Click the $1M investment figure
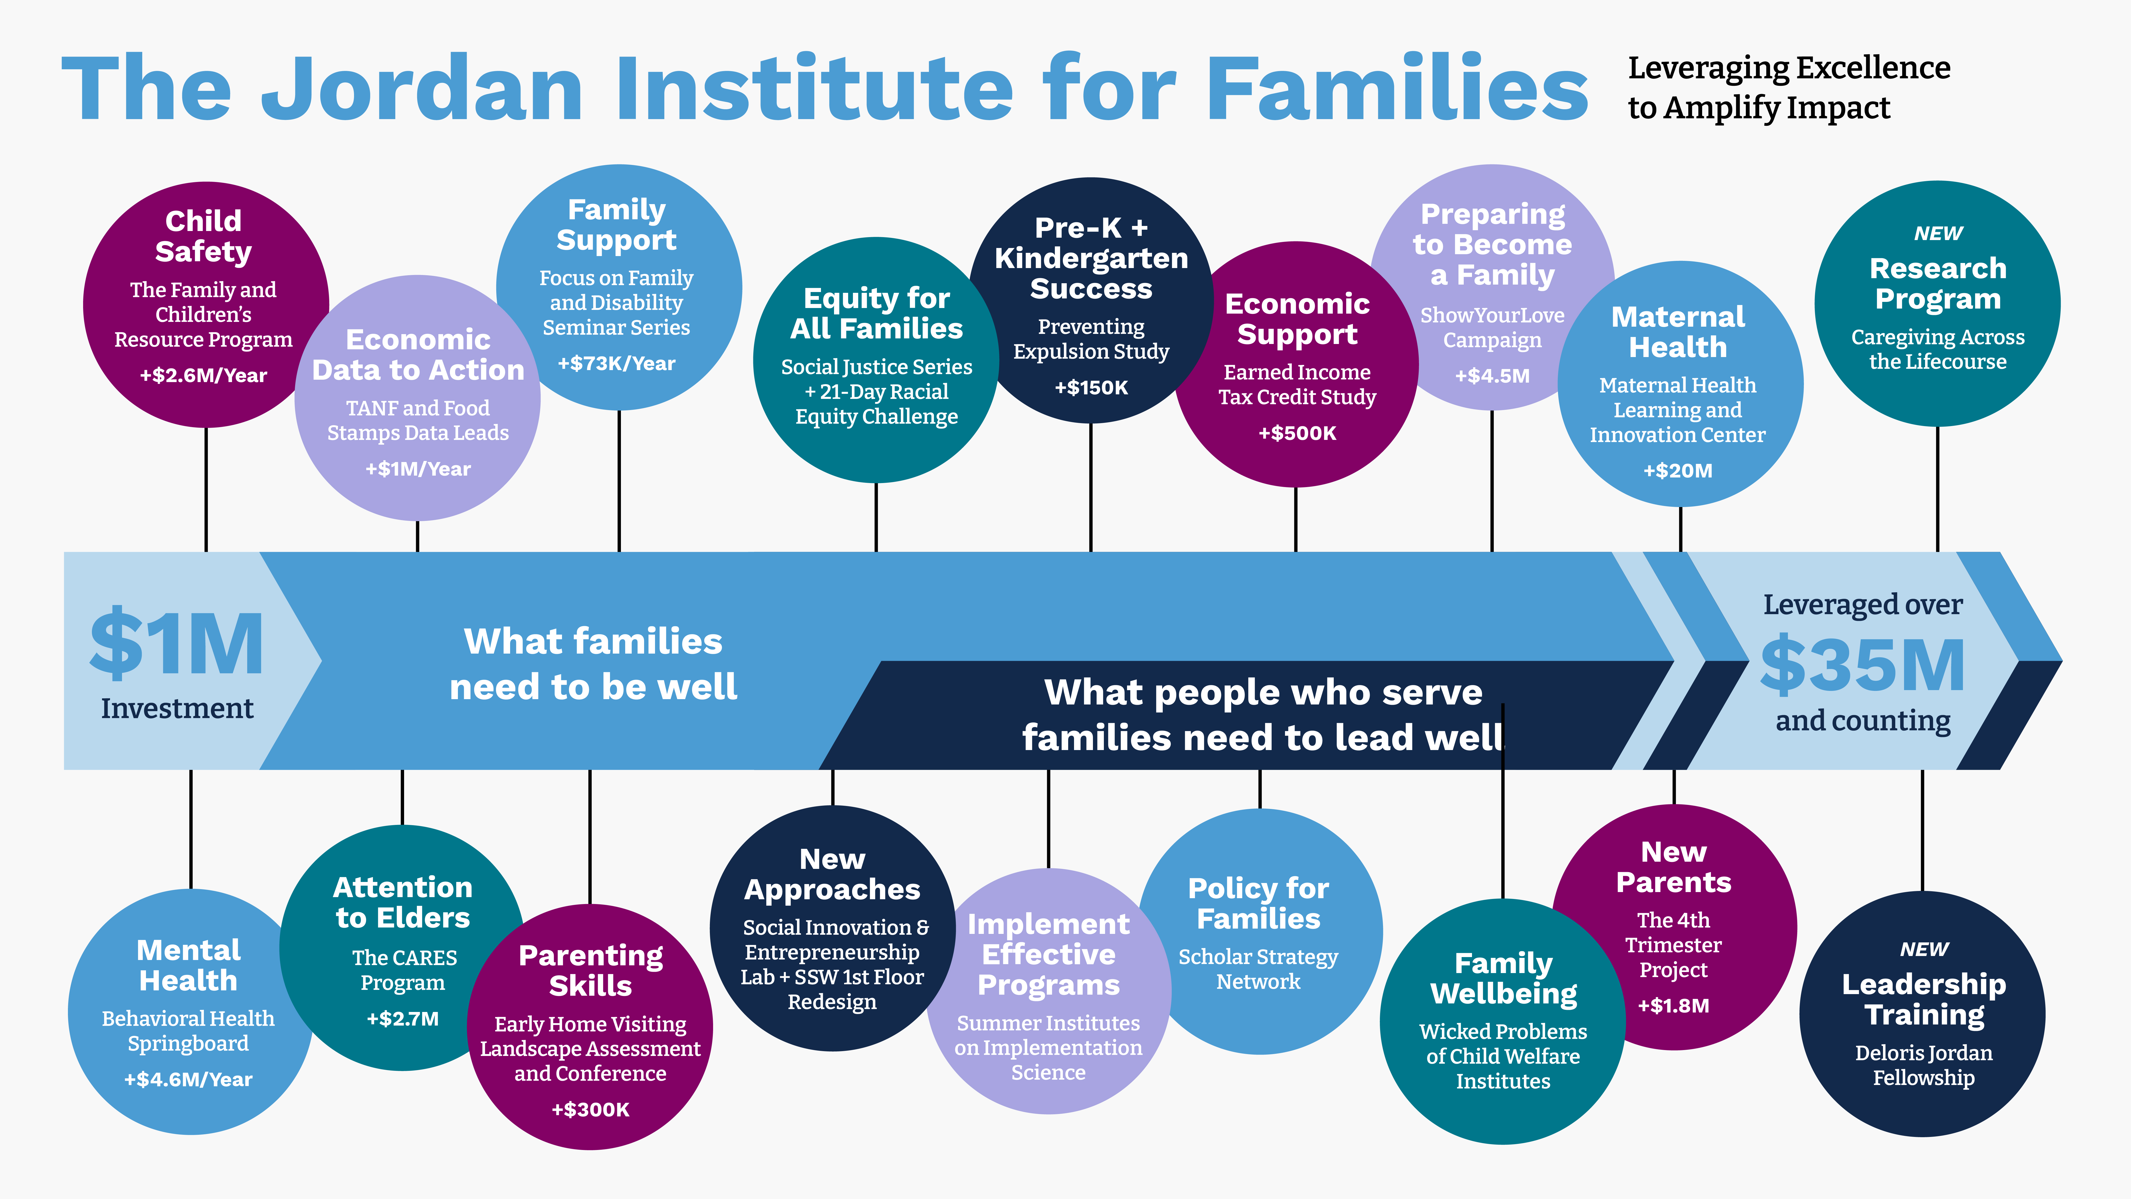pyautogui.click(x=177, y=644)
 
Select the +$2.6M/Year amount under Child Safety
pyautogui.click(x=204, y=376)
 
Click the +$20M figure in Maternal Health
pyautogui.click(x=1678, y=471)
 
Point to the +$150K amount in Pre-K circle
pyautogui.click(x=1091, y=387)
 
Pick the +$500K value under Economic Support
pyautogui.click(x=1297, y=433)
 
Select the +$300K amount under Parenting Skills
pyautogui.click(x=591, y=1110)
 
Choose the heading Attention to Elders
pyautogui.click(x=403, y=902)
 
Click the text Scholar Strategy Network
pyautogui.click(x=1258, y=969)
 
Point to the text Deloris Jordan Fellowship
pyautogui.click(x=1924, y=1065)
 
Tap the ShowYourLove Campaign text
pyautogui.click(x=1492, y=328)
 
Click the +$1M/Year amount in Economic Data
pyautogui.click(x=418, y=469)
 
